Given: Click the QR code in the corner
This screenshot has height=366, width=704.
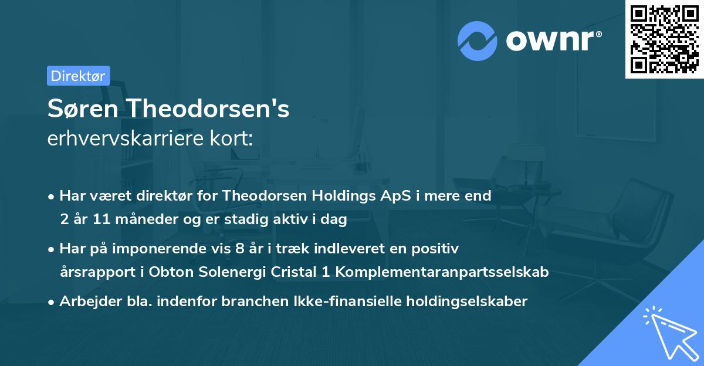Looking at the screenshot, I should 664,39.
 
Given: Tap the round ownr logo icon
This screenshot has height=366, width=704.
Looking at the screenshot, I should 478,41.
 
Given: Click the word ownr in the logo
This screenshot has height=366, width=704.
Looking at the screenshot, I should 553,41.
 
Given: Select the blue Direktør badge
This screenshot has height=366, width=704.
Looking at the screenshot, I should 78,76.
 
